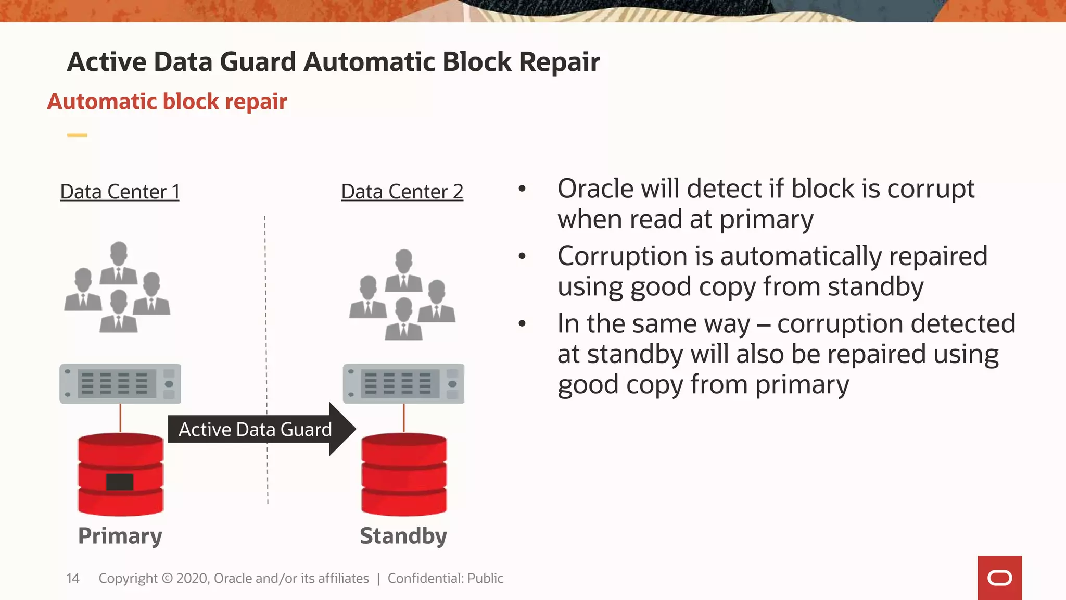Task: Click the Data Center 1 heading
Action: coord(120,192)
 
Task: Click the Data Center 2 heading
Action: coord(402,192)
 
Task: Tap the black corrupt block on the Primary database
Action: coord(120,482)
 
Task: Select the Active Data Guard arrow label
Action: coord(255,429)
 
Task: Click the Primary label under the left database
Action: coord(120,536)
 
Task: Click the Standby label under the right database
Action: coord(403,536)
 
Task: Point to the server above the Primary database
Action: coord(120,384)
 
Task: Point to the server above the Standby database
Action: coord(403,384)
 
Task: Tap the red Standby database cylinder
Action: coord(404,474)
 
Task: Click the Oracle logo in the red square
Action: coord(999,578)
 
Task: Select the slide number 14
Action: coord(73,578)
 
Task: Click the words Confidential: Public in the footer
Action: coord(445,578)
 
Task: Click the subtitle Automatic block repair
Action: coord(167,101)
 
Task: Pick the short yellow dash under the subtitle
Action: coord(77,135)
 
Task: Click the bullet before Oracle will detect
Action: coord(522,189)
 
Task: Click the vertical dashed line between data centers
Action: coord(266,312)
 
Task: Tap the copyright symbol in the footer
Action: coord(167,578)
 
